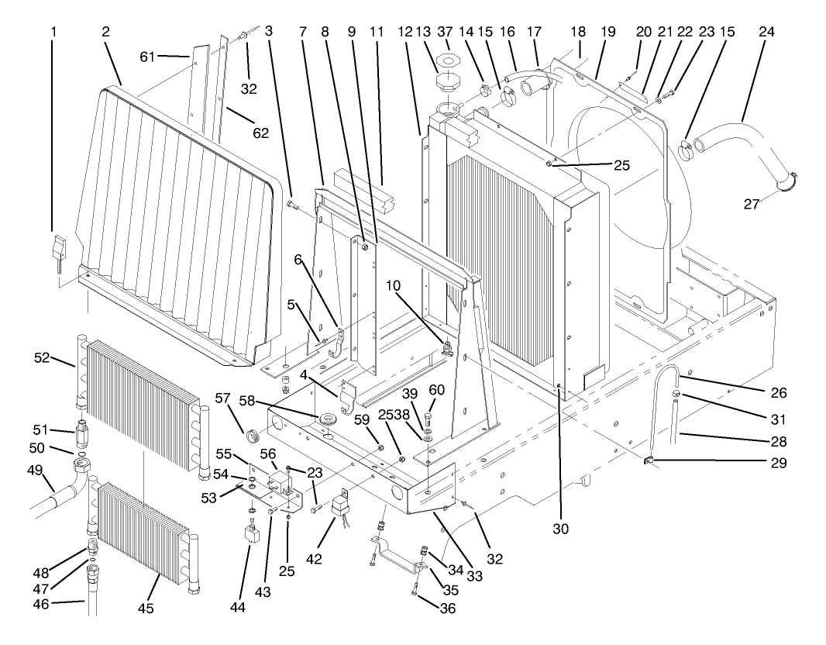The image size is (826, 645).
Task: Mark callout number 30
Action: pos(559,528)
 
